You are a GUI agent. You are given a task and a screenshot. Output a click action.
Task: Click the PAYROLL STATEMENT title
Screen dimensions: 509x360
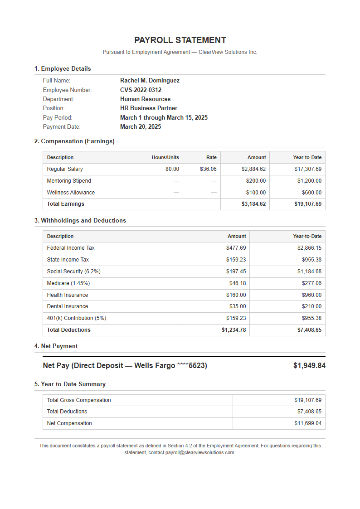click(180, 40)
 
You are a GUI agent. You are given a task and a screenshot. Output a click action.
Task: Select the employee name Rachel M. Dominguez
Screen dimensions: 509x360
click(150, 81)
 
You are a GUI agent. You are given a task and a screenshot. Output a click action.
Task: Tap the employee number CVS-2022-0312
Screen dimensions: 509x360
click(141, 90)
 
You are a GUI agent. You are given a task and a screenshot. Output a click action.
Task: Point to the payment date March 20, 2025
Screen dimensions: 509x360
click(141, 127)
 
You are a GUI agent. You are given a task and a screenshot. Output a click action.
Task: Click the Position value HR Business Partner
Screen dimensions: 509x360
click(149, 108)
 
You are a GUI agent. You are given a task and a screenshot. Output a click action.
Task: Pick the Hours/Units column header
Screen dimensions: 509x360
click(165, 157)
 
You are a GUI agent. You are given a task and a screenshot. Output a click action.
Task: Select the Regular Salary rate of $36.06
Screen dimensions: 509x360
click(208, 169)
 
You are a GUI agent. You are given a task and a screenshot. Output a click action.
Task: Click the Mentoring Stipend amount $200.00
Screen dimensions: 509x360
click(256, 181)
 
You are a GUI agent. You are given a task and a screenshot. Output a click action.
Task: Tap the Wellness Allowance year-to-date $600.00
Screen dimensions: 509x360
click(311, 193)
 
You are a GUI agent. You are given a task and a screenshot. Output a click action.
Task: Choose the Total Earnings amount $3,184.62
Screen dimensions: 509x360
click(253, 204)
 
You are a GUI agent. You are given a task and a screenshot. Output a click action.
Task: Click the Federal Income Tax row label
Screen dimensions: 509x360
click(71, 248)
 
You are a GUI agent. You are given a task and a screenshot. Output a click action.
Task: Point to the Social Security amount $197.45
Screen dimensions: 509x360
click(236, 271)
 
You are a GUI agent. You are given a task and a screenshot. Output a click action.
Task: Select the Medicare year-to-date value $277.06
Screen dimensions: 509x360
click(311, 283)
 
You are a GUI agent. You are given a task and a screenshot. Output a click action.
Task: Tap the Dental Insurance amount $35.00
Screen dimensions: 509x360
click(238, 306)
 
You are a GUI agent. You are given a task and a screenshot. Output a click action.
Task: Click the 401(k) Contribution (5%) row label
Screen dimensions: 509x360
click(77, 318)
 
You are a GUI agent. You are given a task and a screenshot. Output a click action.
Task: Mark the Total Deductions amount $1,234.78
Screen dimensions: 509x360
click(234, 330)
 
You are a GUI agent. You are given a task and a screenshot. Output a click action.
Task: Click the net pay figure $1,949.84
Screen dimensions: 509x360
click(309, 366)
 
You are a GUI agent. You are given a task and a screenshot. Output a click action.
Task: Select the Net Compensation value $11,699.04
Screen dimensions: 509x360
click(307, 423)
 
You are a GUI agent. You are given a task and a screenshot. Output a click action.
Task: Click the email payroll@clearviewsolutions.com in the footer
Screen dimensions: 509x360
click(200, 453)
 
